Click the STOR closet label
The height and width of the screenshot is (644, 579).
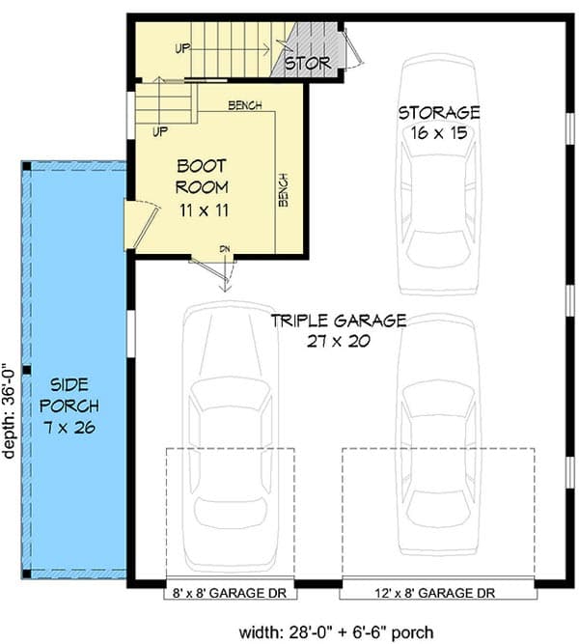[x=307, y=65]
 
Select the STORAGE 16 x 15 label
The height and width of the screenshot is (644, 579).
[x=438, y=113]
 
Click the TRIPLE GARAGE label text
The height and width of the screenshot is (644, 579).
[x=338, y=321]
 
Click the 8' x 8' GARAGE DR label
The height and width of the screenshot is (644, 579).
[x=230, y=593]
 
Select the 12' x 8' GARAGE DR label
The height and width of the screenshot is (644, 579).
[x=438, y=593]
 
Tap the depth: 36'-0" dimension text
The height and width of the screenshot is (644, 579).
[x=11, y=410]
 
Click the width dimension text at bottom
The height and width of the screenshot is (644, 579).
[x=337, y=632]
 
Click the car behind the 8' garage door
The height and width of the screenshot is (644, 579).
[x=230, y=425]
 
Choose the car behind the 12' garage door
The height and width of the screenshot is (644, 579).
[x=438, y=434]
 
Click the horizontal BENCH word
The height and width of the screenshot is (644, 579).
[x=245, y=105]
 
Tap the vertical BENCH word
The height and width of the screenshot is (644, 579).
[x=283, y=189]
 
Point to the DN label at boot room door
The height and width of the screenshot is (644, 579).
[x=225, y=250]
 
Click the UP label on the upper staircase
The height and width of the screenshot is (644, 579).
[x=182, y=46]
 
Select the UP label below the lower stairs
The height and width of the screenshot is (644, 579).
[x=160, y=129]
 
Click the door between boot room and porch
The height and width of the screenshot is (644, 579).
[x=140, y=224]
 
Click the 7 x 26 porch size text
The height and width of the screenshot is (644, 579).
[x=74, y=428]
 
